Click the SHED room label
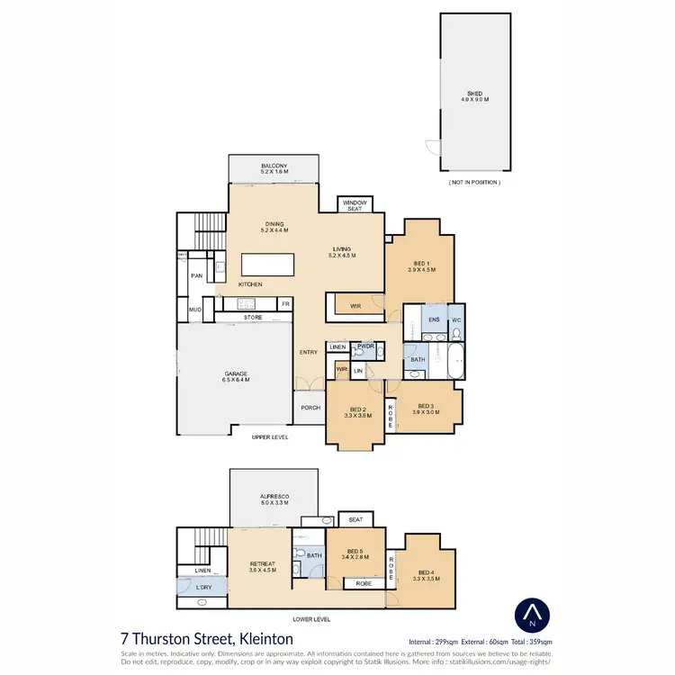475,93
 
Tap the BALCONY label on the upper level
274,167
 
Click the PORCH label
310,408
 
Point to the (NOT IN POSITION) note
474,182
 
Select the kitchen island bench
267,265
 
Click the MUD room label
194,310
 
